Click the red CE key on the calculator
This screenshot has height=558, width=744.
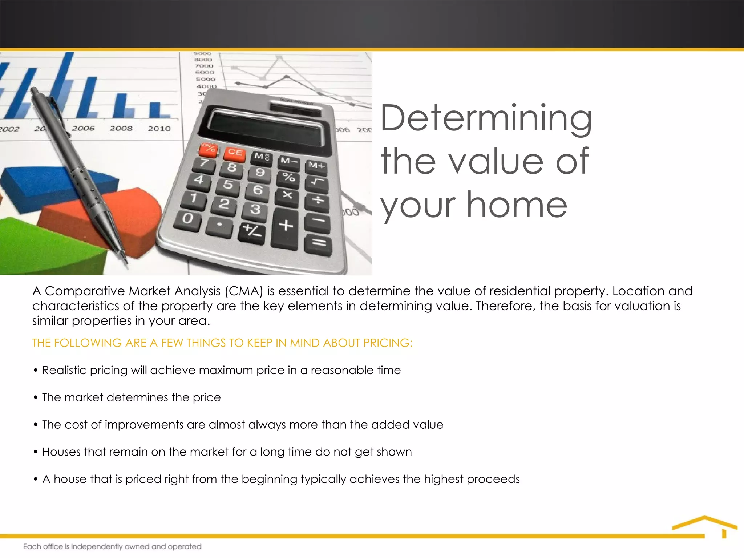coord(235,153)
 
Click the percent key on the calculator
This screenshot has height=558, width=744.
coord(289,178)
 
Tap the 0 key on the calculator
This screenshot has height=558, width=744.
coord(188,219)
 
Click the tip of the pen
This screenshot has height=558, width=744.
coord(126,262)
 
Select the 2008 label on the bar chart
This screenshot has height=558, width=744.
coord(121,129)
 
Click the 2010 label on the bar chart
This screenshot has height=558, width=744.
coord(159,129)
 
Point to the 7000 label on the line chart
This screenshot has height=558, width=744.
coord(204,66)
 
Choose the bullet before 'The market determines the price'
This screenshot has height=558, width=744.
coord(36,397)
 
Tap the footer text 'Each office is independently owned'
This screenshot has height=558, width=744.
coord(112,547)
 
